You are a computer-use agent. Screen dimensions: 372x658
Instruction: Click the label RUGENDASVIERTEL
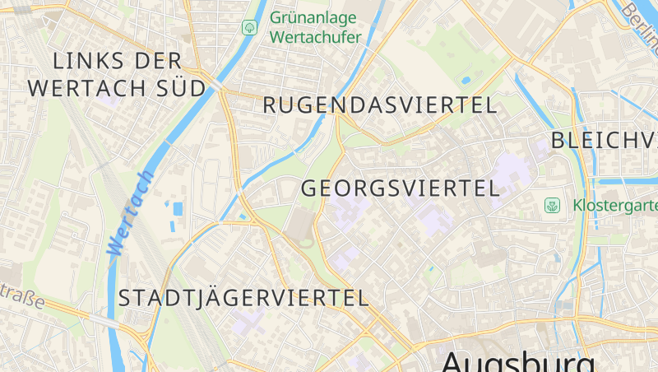click(380, 105)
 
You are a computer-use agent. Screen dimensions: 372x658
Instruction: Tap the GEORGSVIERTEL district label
click(401, 188)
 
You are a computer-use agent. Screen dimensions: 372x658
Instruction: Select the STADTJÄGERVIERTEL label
click(243, 298)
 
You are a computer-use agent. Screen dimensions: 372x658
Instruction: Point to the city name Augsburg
click(518, 362)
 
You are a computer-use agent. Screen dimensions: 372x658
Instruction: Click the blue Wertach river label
click(129, 213)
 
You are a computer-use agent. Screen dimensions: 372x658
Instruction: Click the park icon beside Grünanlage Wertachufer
click(248, 28)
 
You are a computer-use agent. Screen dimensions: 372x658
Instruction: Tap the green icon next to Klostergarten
click(553, 205)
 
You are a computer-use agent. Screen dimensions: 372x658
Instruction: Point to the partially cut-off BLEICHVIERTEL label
click(604, 140)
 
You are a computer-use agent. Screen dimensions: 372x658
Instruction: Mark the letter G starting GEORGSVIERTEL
click(309, 188)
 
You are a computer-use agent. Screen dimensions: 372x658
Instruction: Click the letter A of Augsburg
click(454, 362)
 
